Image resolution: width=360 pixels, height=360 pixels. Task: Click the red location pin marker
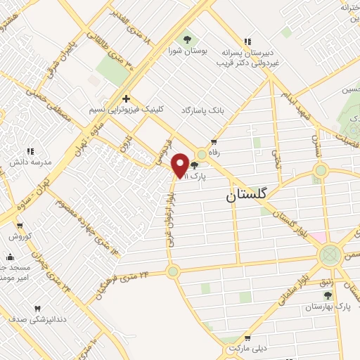coord(180,164)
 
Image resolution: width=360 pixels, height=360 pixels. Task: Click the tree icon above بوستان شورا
coord(186,39)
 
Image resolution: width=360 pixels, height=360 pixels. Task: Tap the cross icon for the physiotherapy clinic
coord(126,98)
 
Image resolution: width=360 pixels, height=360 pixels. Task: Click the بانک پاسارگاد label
coord(206,111)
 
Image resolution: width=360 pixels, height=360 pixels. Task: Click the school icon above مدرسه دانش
coord(30,150)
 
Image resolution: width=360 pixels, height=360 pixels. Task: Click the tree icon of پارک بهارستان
coord(328,296)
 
